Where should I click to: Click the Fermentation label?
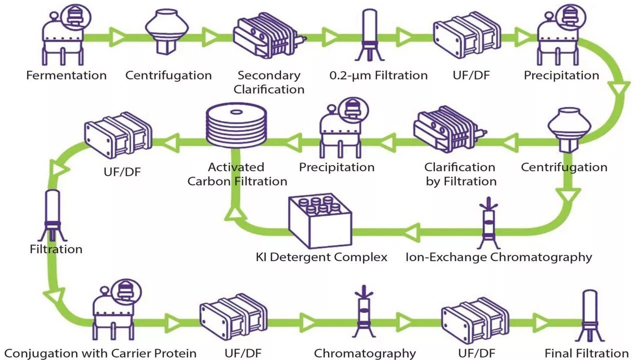[x=66, y=75]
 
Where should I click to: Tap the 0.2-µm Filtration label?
[x=378, y=75]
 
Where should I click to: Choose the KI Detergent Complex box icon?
[x=320, y=220]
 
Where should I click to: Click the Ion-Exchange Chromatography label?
[x=498, y=257]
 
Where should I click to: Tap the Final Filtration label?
[x=586, y=353]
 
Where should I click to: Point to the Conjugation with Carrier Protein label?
[x=100, y=353]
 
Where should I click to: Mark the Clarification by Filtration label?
[x=460, y=174]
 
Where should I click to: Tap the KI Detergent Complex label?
[x=321, y=257]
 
